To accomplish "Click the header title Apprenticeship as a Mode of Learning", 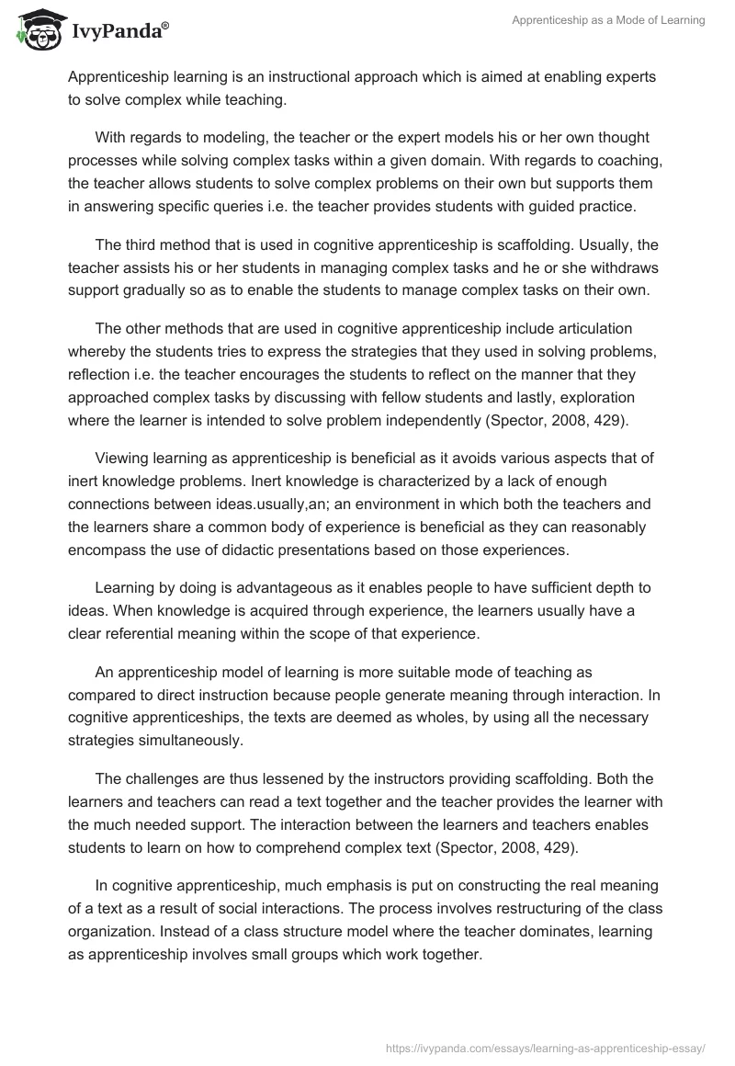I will (x=608, y=21).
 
